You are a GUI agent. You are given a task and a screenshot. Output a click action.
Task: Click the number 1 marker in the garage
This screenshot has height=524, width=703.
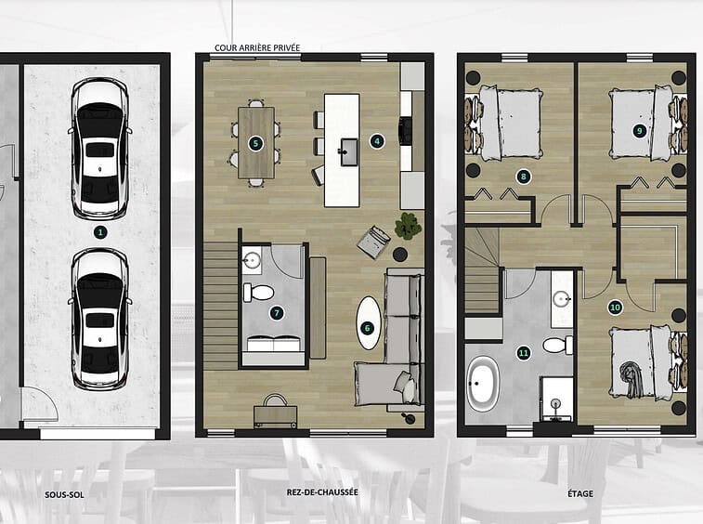100,232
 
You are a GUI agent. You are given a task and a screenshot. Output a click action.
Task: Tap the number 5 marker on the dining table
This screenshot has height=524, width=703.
255,144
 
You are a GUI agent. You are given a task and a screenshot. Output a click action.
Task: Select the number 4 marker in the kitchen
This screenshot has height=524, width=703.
377,141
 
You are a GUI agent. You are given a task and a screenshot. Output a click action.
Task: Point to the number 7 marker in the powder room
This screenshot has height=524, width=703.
277,313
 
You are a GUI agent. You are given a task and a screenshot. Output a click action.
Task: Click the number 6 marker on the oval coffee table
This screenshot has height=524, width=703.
367,328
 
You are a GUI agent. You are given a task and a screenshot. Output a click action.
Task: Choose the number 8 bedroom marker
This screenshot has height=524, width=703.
523,177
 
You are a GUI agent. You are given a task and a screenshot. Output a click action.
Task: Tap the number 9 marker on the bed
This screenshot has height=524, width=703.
640,131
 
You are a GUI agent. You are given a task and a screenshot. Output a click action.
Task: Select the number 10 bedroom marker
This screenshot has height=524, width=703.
615,308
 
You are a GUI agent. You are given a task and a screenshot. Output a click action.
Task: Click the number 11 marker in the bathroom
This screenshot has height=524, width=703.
523,353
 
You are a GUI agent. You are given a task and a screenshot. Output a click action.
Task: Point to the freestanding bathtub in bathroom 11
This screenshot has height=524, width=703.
483,384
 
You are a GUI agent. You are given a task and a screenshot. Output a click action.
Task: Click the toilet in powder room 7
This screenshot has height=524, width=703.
258,293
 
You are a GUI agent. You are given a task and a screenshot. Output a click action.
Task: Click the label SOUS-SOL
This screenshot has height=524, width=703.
64,495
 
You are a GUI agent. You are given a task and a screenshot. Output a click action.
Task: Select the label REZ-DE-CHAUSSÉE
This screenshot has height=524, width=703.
322,492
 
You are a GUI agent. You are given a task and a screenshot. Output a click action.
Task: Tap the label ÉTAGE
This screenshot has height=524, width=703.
580,493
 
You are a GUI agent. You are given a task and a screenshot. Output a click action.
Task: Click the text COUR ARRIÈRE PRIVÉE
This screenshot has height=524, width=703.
257,47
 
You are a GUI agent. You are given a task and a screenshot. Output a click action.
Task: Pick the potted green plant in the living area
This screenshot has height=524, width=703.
408,226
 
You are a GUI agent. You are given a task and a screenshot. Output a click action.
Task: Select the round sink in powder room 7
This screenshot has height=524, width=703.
252,259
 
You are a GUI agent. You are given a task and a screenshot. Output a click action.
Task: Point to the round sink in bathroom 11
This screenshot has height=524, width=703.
561,298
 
